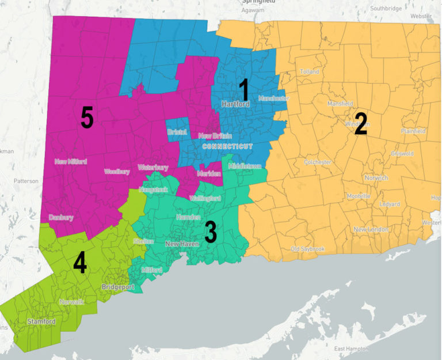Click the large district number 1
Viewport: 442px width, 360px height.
[243, 90]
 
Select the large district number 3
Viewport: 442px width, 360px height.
[211, 232]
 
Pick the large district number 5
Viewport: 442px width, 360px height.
[86, 118]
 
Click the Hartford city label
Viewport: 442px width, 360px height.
[235, 105]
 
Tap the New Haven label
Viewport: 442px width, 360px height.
[182, 244]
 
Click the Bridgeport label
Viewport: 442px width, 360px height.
[117, 286]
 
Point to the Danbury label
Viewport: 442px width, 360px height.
[61, 218]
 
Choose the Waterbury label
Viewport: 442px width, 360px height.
[153, 168]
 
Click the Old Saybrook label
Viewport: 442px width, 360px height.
[308, 249]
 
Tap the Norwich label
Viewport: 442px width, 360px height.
[376, 178]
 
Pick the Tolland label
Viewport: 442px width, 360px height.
[309, 71]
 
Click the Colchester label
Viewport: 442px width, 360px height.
[317, 162]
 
